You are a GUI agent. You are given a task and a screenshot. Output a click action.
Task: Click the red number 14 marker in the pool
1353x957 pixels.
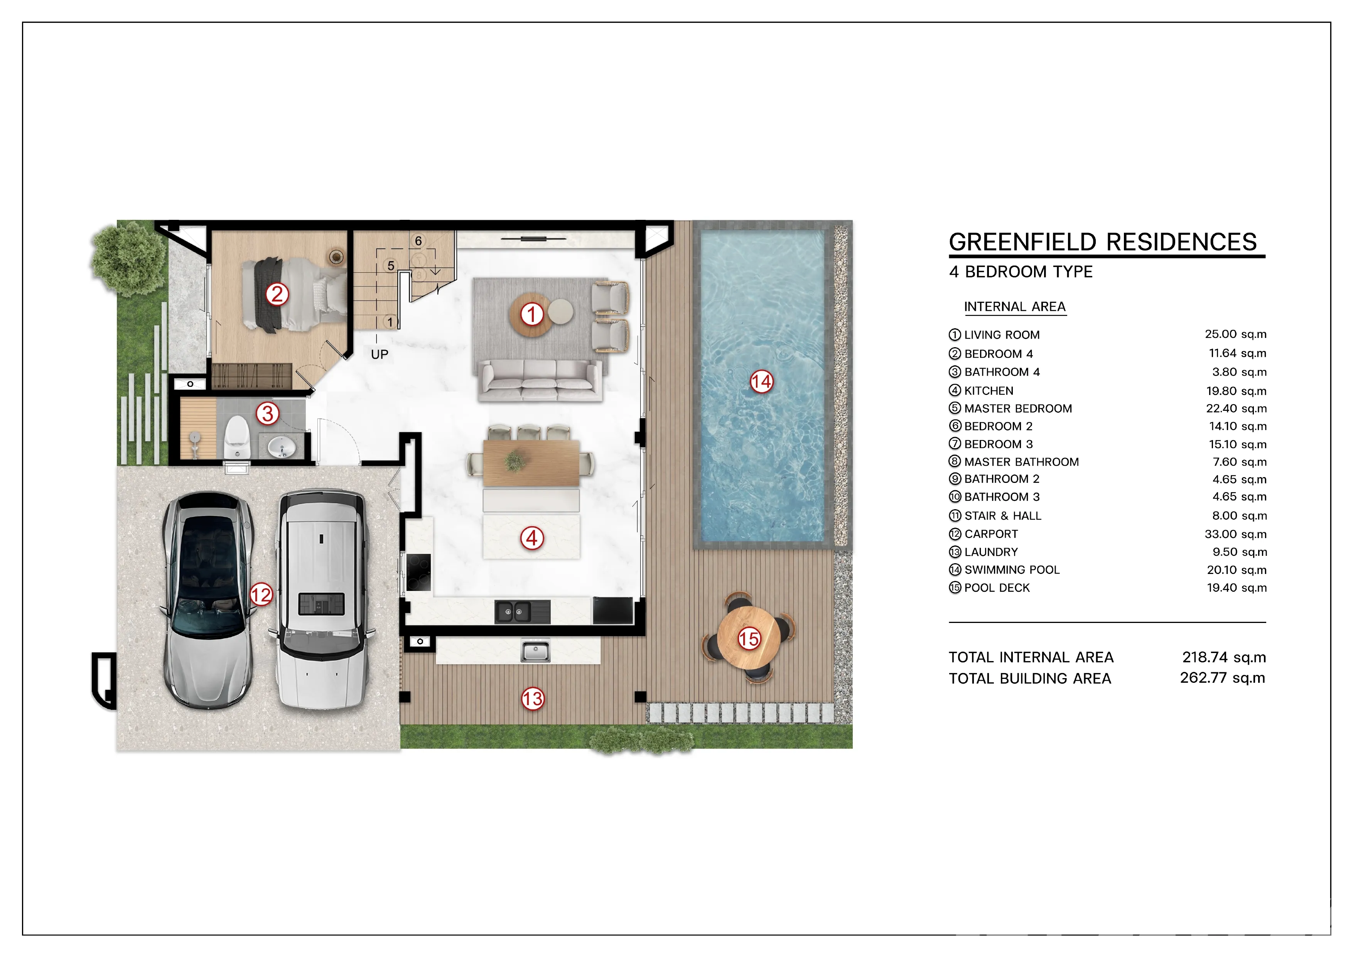tap(761, 382)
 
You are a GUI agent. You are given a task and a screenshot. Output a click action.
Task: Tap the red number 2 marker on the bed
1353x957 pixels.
tap(277, 294)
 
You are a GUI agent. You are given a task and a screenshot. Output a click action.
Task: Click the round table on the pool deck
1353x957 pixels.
tap(748, 638)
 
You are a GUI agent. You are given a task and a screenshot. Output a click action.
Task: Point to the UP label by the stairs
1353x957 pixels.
tap(380, 354)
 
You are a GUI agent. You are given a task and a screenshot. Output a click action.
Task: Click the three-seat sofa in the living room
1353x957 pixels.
tap(540, 380)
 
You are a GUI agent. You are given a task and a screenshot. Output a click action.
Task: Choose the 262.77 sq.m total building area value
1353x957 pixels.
tap(1222, 678)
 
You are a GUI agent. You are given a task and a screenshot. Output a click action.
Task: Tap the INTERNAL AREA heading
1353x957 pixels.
tap(1015, 306)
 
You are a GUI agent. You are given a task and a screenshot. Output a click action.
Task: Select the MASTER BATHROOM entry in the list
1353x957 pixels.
tap(1021, 462)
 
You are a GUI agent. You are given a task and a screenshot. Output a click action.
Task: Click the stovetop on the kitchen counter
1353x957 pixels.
tap(418, 572)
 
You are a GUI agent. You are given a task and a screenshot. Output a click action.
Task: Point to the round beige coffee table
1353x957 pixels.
tap(560, 311)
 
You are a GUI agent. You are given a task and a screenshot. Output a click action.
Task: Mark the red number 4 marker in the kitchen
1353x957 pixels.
tap(531, 537)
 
